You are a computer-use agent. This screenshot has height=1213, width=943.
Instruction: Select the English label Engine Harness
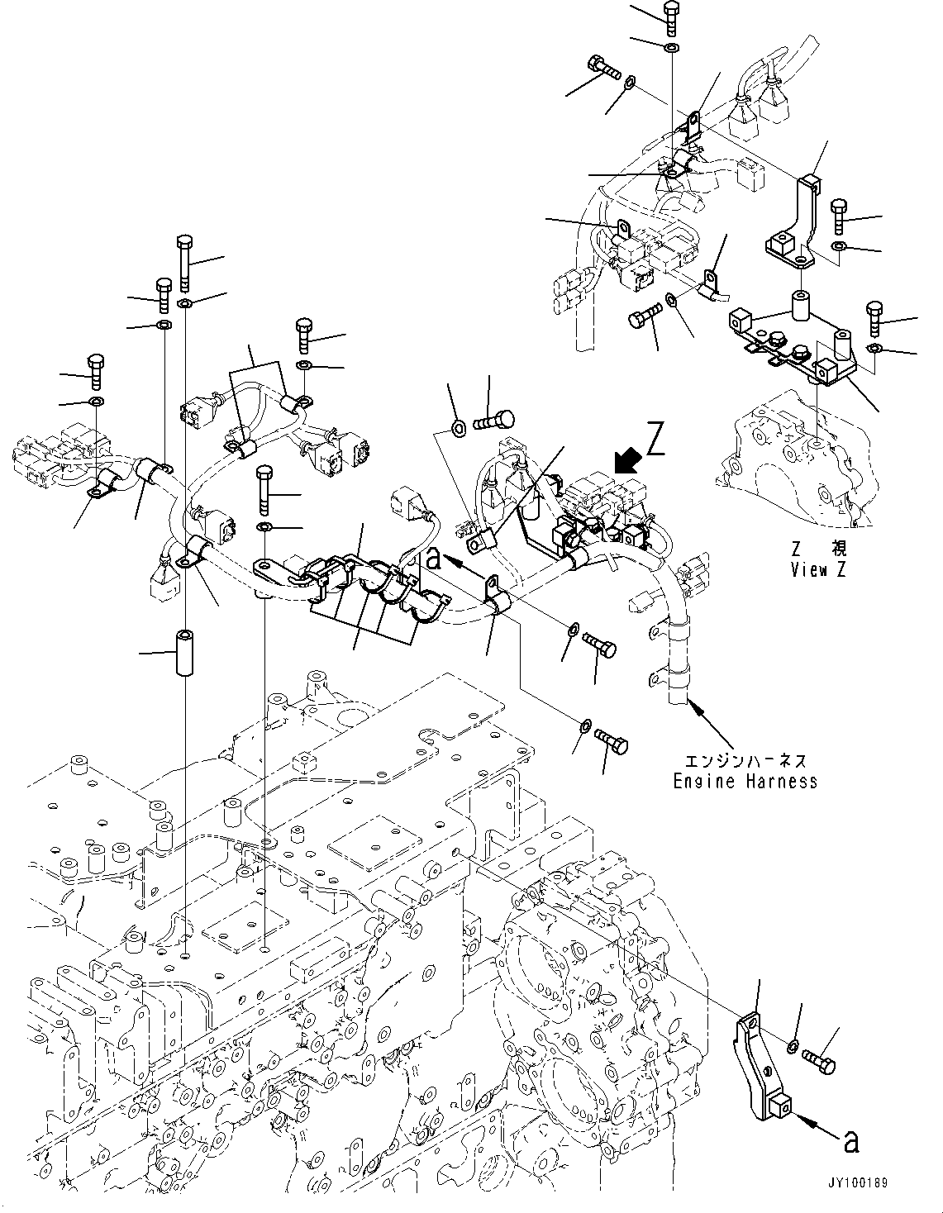point(745,781)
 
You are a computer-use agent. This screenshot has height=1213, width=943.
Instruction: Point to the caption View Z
point(818,570)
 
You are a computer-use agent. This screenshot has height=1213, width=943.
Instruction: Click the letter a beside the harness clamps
point(432,559)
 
